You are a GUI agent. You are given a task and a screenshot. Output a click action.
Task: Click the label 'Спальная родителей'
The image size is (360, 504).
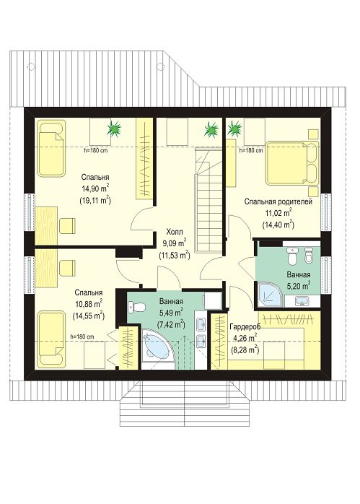click(278, 202)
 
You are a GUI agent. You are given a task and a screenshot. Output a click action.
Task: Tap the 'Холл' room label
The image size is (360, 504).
click(175, 232)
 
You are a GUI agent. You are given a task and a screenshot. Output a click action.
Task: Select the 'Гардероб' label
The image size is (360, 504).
click(245, 326)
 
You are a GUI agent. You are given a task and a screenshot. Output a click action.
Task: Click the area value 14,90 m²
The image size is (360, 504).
click(95, 188)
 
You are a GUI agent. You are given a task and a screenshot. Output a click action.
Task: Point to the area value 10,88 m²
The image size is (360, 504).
click(89, 303)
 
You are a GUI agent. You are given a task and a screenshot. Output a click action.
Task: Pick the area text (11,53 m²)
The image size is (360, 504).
click(175, 255)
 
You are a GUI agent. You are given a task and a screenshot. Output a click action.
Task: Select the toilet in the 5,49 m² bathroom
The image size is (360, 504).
click(136, 308)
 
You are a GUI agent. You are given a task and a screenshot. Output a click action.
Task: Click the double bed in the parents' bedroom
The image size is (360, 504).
click(292, 163)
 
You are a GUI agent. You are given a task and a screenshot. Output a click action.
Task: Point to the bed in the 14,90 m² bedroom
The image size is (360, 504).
click(51, 148)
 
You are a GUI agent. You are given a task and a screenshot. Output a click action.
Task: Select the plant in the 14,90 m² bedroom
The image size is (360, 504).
click(114, 129)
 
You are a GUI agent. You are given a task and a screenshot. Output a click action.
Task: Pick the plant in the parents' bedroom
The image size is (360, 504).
click(234, 129)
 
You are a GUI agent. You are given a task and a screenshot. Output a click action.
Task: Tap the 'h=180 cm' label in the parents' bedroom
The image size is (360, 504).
click(251, 150)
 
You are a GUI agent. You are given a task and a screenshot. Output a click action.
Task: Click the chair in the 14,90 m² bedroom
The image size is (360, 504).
click(67, 225)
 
